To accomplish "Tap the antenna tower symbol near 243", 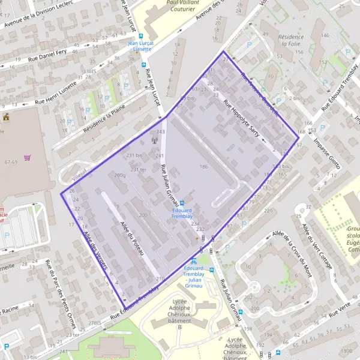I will tap(154, 142).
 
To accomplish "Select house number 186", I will tap(203, 166).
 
